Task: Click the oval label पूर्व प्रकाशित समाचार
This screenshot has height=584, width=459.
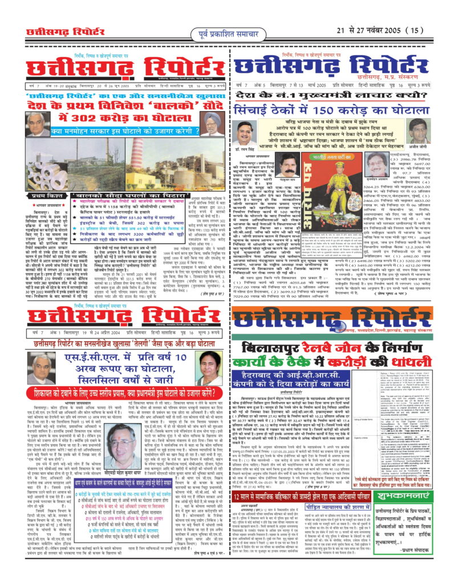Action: pyautogui.click(x=229, y=29)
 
